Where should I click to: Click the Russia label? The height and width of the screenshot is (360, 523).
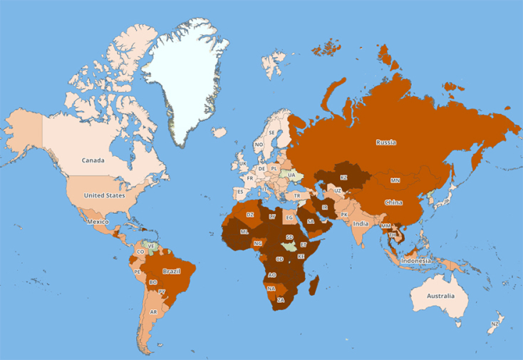click(x=386, y=143)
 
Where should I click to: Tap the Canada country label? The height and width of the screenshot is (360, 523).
click(x=93, y=160)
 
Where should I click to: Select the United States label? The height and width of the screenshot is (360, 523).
click(x=104, y=195)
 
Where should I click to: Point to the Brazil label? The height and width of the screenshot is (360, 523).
click(x=170, y=272)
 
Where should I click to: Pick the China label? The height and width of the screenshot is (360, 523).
click(x=393, y=202)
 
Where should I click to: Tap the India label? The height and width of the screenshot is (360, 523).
click(x=361, y=224)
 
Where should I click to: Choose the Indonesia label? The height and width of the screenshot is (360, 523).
click(x=415, y=261)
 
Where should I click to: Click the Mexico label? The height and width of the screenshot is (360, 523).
click(x=97, y=222)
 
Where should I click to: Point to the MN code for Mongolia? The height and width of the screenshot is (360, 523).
click(x=395, y=180)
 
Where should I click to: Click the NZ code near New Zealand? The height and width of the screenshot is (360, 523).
click(x=494, y=325)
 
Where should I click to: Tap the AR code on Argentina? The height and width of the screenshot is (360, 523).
click(x=153, y=312)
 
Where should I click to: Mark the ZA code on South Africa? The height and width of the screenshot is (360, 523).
click(x=281, y=300)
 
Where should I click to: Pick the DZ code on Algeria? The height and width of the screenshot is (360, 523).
click(x=250, y=214)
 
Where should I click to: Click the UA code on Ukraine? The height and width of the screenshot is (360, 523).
click(x=291, y=175)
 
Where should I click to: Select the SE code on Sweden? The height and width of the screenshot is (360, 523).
click(x=271, y=133)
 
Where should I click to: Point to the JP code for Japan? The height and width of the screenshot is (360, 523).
click(x=447, y=202)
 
